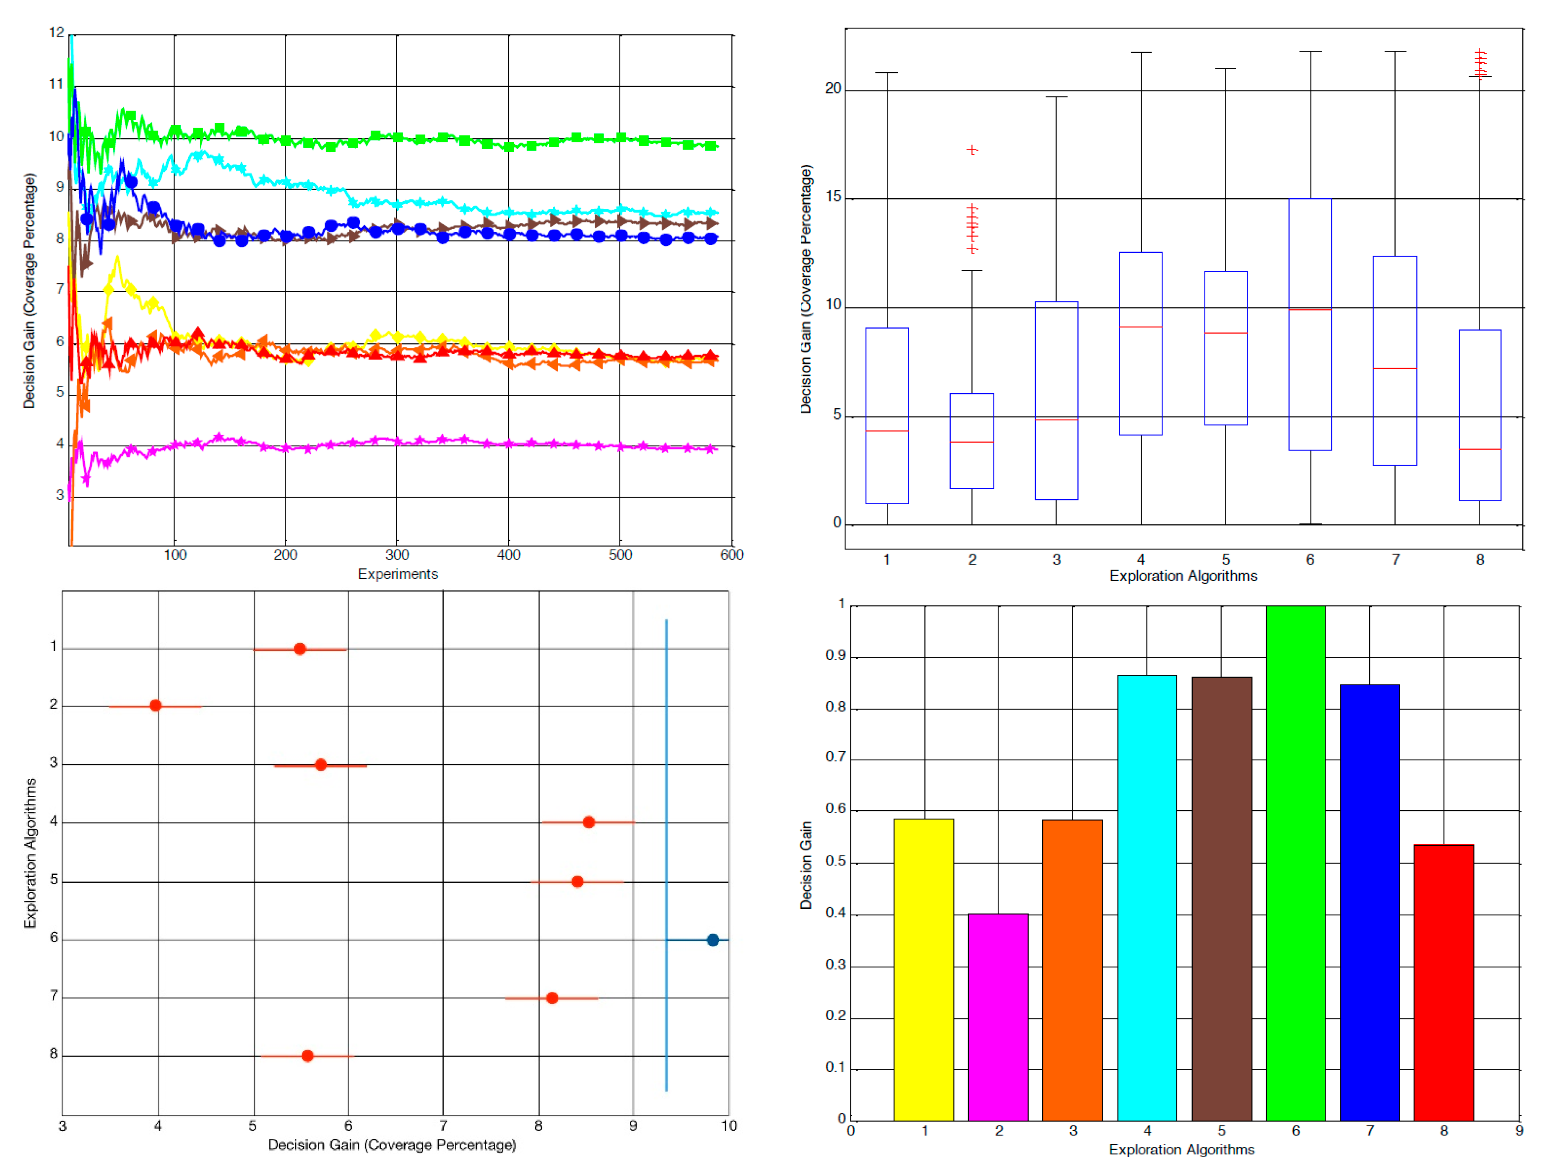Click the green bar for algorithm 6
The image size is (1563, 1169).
coord(1295,862)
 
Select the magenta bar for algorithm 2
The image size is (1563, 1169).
coord(998,1017)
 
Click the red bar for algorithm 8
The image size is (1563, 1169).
coord(1443,982)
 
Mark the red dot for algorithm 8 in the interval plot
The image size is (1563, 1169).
coord(307,1055)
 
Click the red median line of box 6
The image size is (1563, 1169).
coord(1310,309)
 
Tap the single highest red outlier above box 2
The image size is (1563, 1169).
coord(972,150)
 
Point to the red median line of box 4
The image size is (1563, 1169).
coord(1140,327)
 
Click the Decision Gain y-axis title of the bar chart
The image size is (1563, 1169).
coord(806,865)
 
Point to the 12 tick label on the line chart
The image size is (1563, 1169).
coord(57,33)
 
